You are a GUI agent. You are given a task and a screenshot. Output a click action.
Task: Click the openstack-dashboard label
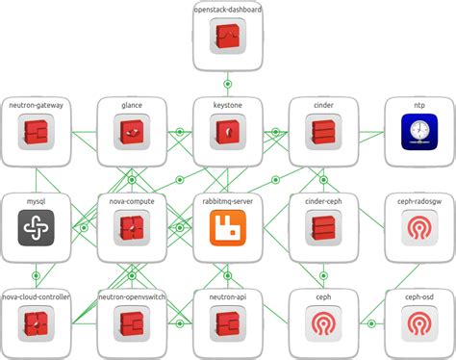click(228, 10)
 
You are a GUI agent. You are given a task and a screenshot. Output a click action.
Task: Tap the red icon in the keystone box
click(228, 131)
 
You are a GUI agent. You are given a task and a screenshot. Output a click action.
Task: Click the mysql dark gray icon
click(36, 227)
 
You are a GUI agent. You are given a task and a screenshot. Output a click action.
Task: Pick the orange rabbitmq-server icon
click(228, 227)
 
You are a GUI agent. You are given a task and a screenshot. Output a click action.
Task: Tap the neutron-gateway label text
click(36, 105)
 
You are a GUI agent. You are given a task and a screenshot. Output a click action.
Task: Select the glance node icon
click(132, 131)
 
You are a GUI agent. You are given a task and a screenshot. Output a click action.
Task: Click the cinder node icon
click(324, 131)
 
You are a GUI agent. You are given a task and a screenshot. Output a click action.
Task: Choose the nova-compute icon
click(132, 227)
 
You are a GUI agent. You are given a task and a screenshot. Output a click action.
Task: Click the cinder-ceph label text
click(324, 201)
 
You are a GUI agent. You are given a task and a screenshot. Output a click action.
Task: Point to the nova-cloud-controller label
click(36, 297)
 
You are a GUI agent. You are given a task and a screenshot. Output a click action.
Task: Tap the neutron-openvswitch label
click(132, 297)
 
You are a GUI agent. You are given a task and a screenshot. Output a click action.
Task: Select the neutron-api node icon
click(228, 323)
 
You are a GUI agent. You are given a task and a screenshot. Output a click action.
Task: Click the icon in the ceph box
click(324, 323)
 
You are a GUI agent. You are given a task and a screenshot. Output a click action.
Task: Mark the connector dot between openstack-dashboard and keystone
click(228, 83)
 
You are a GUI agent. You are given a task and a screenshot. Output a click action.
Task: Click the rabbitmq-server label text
click(228, 201)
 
